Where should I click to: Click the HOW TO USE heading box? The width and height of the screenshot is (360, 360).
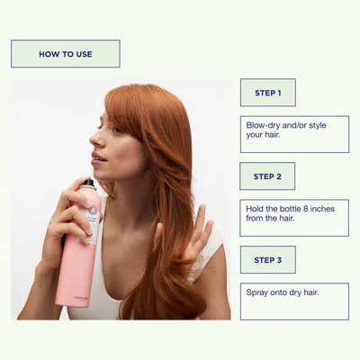pos(65,54)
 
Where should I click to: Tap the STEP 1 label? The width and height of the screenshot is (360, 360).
pos(267,93)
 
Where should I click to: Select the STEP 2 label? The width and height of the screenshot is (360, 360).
pos(267,176)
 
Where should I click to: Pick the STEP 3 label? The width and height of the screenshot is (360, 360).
pos(267,260)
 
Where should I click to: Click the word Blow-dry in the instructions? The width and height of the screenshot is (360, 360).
pos(264,125)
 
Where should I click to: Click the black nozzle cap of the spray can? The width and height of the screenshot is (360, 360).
pos(87,185)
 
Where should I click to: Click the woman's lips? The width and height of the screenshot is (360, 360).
pos(98,158)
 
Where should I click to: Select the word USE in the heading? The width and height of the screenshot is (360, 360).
pos(84,54)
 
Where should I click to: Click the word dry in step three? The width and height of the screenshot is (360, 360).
pos(301,292)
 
